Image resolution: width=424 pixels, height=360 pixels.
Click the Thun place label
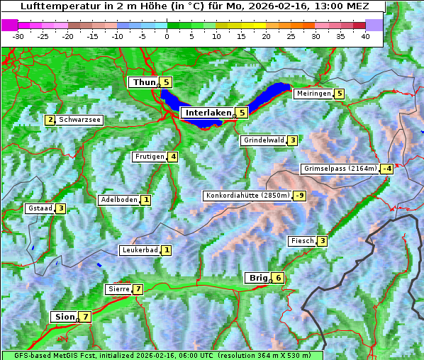[144, 83]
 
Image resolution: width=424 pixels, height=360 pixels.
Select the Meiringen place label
[313, 94]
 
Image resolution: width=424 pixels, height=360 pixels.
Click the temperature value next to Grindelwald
[292, 140]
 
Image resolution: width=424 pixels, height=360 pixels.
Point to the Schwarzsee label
[80, 120]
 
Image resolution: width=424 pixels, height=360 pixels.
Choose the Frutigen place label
[150, 157]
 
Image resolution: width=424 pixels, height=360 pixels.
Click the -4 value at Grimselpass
[386, 169]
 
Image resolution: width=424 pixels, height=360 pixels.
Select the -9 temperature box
[300, 196]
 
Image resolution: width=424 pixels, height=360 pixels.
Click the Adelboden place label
[118, 200]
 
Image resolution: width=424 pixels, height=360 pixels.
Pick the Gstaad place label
[40, 208]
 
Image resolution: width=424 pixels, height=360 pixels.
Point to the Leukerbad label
[139, 250]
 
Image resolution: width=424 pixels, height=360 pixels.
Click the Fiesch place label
[302, 241]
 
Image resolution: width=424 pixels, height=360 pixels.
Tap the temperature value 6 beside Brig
[279, 278]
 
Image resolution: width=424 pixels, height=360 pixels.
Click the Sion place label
[64, 317]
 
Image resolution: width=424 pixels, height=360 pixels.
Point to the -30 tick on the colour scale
[18, 35]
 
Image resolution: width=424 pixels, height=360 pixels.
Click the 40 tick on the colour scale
[365, 35]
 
